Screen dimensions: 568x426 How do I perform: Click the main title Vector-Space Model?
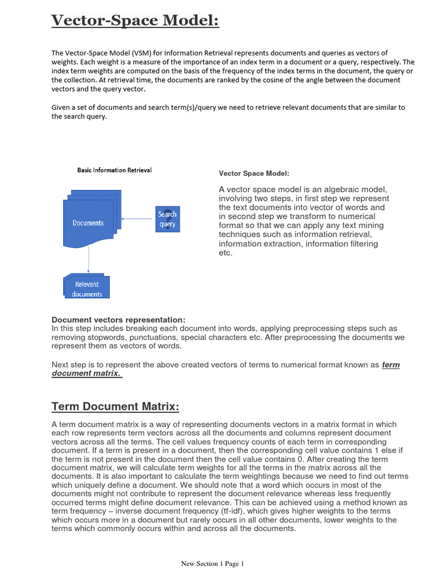135,21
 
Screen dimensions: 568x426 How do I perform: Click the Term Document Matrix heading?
115,407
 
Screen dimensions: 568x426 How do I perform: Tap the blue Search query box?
168,219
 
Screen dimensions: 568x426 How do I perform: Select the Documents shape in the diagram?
89,223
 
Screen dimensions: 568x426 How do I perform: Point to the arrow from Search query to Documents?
138,219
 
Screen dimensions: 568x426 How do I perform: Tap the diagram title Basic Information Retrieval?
114,170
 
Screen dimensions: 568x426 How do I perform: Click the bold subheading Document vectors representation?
118,320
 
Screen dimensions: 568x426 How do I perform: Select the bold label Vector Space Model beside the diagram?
253,174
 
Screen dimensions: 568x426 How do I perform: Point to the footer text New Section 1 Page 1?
212,564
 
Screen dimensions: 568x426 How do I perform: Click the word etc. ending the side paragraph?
225,253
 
